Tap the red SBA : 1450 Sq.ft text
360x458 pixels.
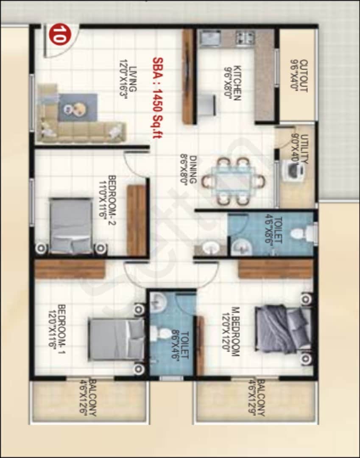156,101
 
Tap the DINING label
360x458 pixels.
188,168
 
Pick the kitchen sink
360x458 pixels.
210,38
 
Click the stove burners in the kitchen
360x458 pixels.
245,38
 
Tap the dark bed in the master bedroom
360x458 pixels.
282,329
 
